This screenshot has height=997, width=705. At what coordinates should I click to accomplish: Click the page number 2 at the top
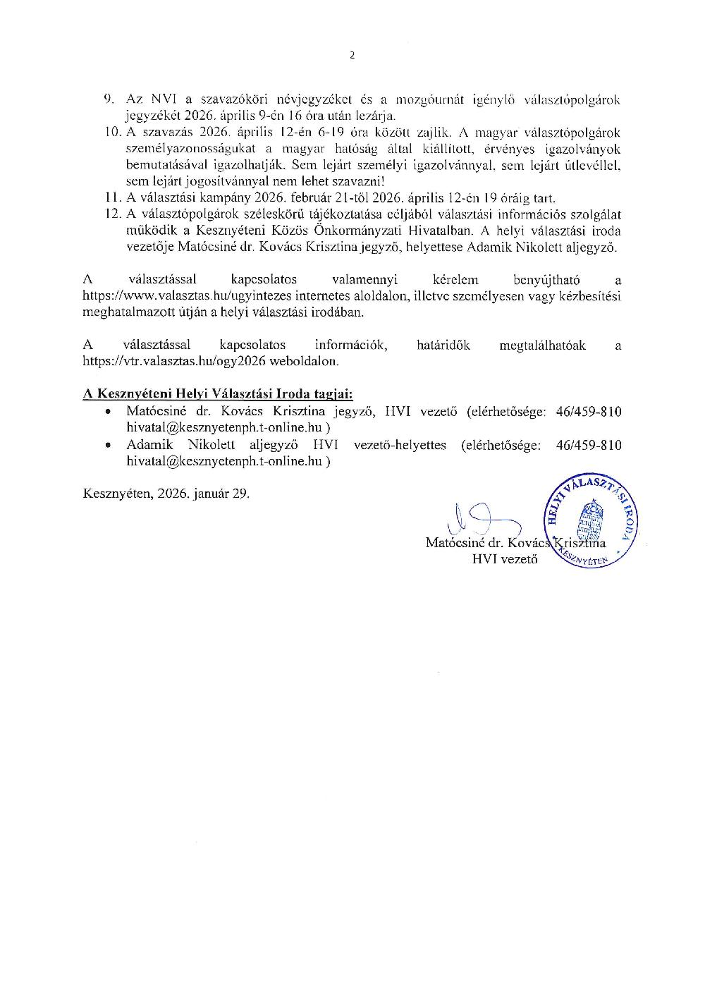tap(352, 56)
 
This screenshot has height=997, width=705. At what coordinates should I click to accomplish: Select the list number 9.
tap(109, 100)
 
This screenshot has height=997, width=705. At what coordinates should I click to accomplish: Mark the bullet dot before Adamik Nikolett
tap(108, 446)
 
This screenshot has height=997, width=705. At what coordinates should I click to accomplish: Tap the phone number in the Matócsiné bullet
tap(589, 412)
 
